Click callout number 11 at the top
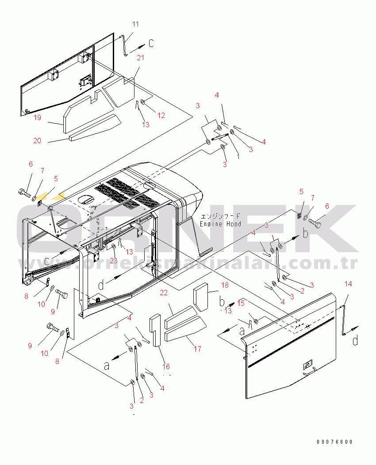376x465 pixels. [x=136, y=24]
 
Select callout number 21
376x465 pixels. [x=140, y=58]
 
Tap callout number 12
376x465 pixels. [x=161, y=115]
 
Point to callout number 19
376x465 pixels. [x=38, y=117]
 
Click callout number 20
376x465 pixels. [x=38, y=141]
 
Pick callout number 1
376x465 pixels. [x=238, y=156]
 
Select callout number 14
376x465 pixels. [x=348, y=284]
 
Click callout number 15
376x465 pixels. [x=241, y=303]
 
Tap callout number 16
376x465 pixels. [x=166, y=367]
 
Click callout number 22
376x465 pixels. [x=164, y=293]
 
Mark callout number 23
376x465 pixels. [x=114, y=261]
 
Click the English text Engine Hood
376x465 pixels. [x=220, y=224]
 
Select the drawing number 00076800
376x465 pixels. [x=335, y=442]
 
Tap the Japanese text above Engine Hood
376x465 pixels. [x=221, y=216]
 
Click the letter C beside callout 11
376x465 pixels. [x=151, y=43]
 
